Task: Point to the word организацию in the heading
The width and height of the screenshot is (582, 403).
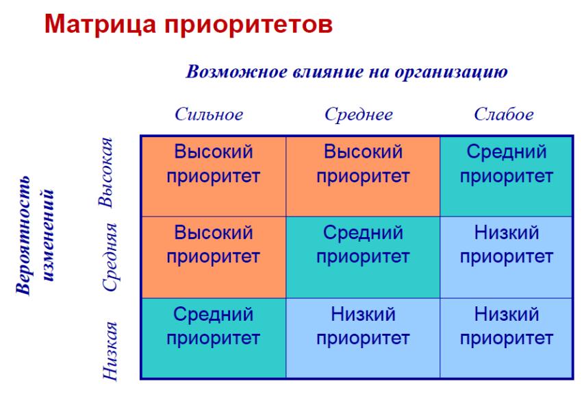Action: pyautogui.click(x=451, y=72)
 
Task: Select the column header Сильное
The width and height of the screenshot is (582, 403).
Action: pyautogui.click(x=209, y=114)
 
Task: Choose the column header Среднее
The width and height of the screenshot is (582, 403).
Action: pyautogui.click(x=359, y=114)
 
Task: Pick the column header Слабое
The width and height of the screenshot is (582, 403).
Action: pyautogui.click(x=504, y=114)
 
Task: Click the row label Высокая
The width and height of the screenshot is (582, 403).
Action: pyautogui.click(x=106, y=172)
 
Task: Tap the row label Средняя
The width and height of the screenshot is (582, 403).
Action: pyautogui.click(x=110, y=258)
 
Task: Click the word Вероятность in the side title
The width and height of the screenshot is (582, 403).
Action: pyautogui.click(x=24, y=235)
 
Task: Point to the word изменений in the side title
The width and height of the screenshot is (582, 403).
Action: pyautogui.click(x=48, y=236)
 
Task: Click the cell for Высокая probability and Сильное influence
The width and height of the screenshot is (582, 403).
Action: pyautogui.click(x=214, y=176)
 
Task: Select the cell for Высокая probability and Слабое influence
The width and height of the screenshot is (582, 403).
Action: pyautogui.click(x=506, y=176)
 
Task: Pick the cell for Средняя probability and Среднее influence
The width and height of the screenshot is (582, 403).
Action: pyautogui.click(x=363, y=258)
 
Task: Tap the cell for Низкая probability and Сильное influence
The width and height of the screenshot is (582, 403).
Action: pyautogui.click(x=214, y=338)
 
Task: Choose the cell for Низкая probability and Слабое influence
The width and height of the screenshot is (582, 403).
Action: pyautogui.click(x=506, y=338)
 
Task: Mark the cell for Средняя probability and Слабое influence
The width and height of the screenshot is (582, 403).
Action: pyautogui.click(x=506, y=258)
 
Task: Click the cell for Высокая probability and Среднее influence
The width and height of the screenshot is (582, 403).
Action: pyautogui.click(x=363, y=176)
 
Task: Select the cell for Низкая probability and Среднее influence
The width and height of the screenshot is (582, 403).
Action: pyautogui.click(x=363, y=338)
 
